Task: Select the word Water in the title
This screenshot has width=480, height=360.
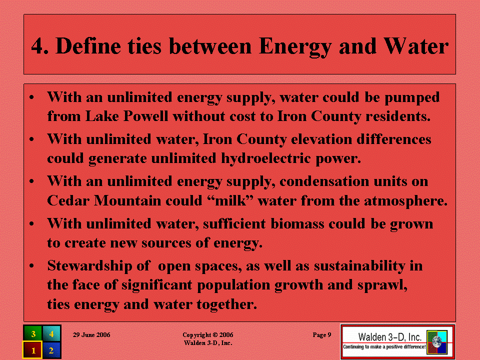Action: pyautogui.click(x=416, y=46)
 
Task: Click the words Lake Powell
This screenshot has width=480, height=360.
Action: pyautogui.click(x=126, y=116)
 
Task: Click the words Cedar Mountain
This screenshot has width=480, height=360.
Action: pyautogui.click(x=104, y=201)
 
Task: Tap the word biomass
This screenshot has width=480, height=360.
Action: pyautogui.click(x=297, y=224)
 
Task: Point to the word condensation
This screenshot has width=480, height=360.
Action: pyautogui.click(x=324, y=181)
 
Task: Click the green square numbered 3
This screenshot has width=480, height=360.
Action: pyautogui.click(x=33, y=333)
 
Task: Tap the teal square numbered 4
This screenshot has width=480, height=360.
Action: pyautogui.click(x=51, y=333)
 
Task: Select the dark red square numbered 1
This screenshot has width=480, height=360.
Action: pyautogui.click(x=33, y=350)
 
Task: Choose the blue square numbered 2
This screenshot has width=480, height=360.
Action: pyautogui.click(x=51, y=350)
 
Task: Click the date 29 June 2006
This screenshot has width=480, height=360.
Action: pyautogui.click(x=91, y=335)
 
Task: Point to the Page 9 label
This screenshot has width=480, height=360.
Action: pyautogui.click(x=321, y=335)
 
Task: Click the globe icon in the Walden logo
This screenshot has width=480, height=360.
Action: pyautogui.click(x=437, y=342)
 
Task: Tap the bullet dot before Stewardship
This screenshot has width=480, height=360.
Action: pyautogui.click(x=31, y=265)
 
